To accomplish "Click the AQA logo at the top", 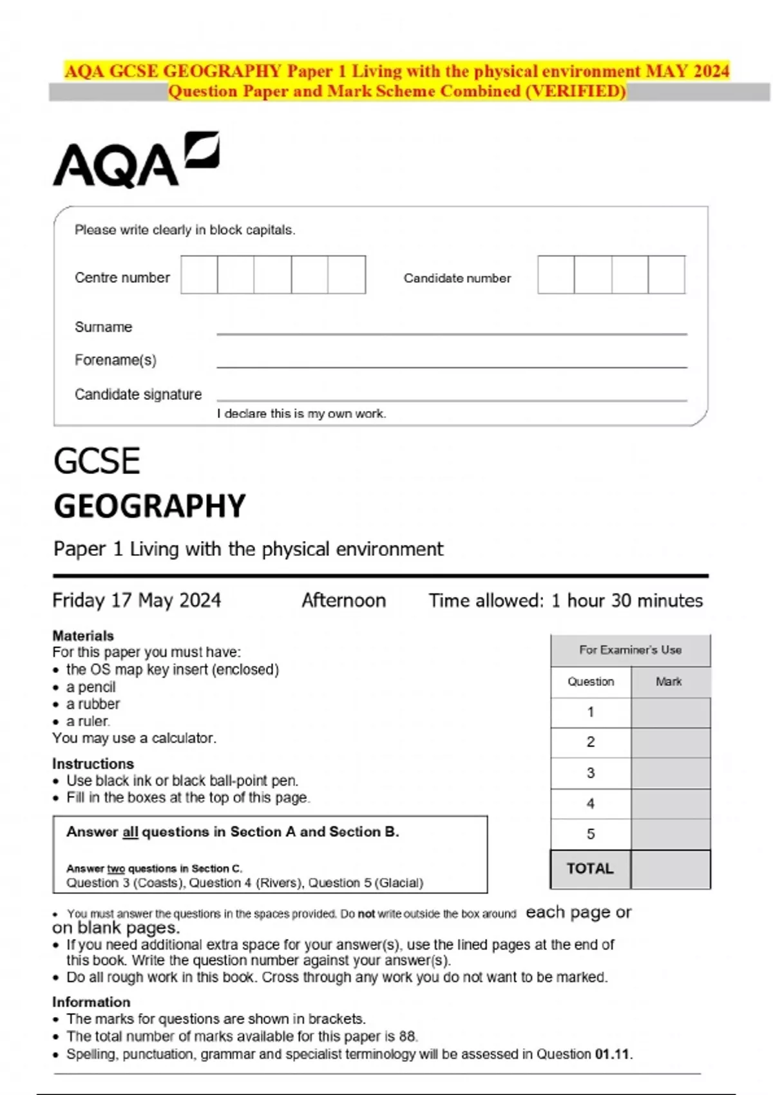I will [135, 161].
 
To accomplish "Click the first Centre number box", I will [199, 275].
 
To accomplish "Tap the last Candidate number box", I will [666, 275].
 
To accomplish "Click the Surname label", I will [103, 327].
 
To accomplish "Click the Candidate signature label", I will [138, 394].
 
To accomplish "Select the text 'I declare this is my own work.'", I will [301, 414].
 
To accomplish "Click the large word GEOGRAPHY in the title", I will [149, 506].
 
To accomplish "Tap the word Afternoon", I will [343, 600].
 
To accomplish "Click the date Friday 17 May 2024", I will [137, 600].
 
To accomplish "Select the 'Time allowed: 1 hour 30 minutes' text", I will [566, 600].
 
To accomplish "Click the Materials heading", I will [83, 636].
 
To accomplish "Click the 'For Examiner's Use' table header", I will [630, 650].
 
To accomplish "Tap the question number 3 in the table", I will [590, 773].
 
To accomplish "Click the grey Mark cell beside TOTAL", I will [670, 869].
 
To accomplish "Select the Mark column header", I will [669, 681].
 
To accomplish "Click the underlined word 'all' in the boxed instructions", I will [130, 832].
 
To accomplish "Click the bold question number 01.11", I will [612, 1054].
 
